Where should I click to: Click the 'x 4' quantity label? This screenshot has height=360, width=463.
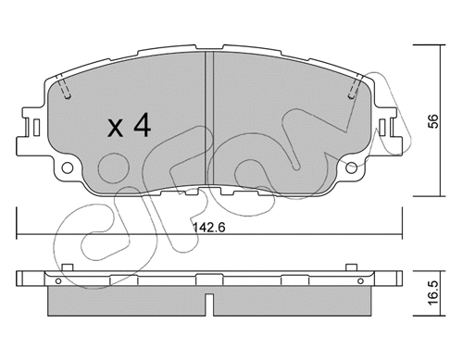coord(129,127)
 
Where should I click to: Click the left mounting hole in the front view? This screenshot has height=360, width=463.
coord(68,168)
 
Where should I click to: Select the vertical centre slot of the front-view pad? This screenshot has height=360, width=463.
coord(209,120)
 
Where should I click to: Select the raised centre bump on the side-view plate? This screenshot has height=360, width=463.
coord(209,271)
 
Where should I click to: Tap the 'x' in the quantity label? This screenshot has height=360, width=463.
coord(115,129)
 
